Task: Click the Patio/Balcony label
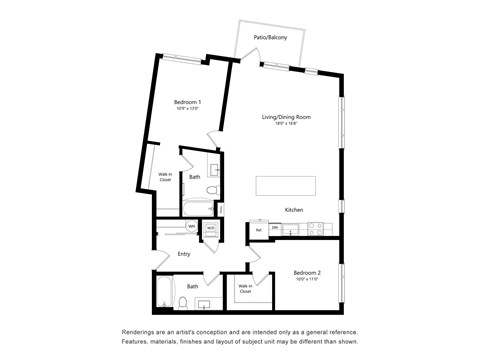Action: (x=271, y=37)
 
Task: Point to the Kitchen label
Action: (x=294, y=210)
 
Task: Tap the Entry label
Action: (x=184, y=254)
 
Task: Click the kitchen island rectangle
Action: (x=285, y=186)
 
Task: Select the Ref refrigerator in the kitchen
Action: (x=258, y=231)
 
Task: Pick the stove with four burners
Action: (x=318, y=228)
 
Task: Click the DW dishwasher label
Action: (x=274, y=227)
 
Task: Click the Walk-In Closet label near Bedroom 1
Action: (x=165, y=178)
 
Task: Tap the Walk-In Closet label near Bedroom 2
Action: (x=244, y=290)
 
